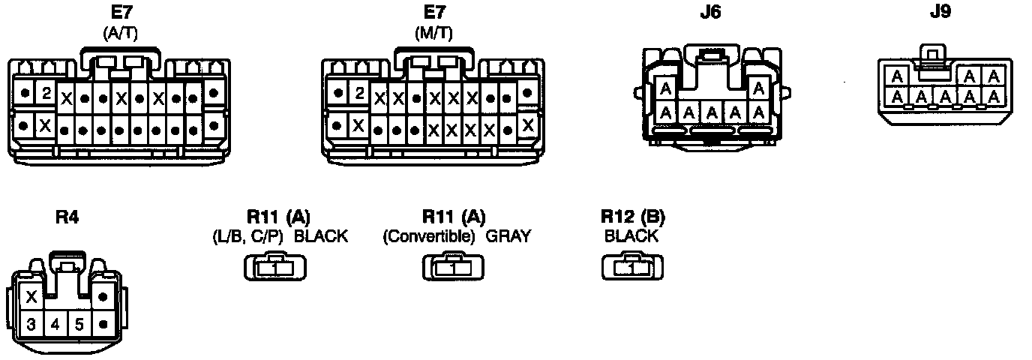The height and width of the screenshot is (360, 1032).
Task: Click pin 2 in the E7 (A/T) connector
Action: (x=46, y=94)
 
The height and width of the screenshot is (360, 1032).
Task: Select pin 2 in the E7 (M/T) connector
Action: (x=360, y=94)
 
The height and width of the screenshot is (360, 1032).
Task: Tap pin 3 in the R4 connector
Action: (x=31, y=325)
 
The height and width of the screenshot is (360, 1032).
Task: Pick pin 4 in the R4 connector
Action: (x=55, y=325)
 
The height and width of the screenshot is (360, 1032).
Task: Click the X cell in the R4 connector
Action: (x=31, y=298)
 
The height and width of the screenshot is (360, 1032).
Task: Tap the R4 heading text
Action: (x=67, y=217)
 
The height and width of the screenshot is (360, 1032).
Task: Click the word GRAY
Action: (x=508, y=237)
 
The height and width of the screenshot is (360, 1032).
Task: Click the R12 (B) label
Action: (x=632, y=217)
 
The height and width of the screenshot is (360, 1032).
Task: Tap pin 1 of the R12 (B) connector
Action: (x=632, y=268)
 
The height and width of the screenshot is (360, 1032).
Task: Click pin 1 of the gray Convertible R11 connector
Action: (x=454, y=268)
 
